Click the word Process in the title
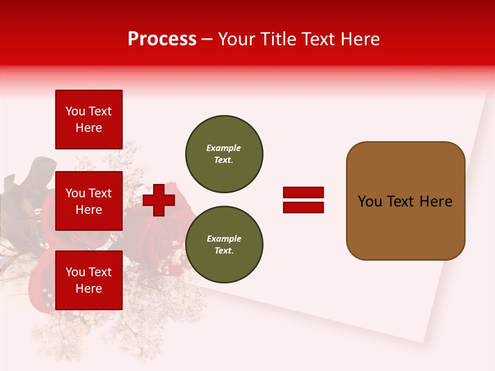pos(162,39)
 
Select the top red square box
pos(89,120)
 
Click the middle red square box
pos(89,201)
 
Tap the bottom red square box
pos(89,280)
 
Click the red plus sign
pos(159,200)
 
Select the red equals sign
pos(303,200)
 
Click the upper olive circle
pos(224,154)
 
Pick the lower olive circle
pos(224,245)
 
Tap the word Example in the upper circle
pos(223,148)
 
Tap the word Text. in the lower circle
pos(224,251)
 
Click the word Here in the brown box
pos(436,201)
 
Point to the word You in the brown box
pos(370,201)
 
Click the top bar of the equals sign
pos(303,193)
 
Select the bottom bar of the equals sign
pos(303,207)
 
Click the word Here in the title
pos(359,39)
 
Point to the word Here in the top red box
pos(89,128)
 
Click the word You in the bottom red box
pos(75,272)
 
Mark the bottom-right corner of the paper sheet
pos(423,342)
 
